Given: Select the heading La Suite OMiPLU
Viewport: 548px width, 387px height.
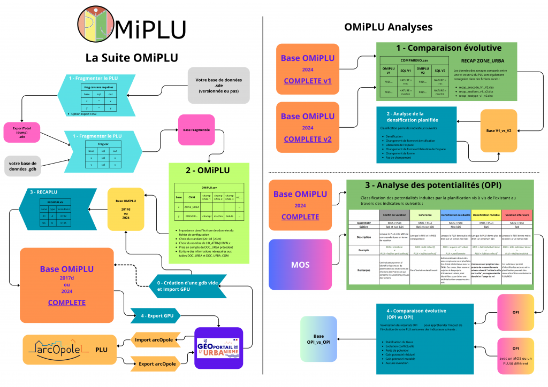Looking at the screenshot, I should (132, 57).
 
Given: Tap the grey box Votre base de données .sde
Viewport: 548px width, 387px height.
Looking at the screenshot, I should (219, 85).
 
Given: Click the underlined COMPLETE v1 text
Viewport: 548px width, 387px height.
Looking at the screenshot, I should (308, 81).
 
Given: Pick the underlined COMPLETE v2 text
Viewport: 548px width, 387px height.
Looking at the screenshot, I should (308, 139).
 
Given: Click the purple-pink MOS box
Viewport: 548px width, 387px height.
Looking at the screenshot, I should (300, 265).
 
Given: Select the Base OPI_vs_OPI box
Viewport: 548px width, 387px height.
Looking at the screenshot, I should (318, 339).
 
